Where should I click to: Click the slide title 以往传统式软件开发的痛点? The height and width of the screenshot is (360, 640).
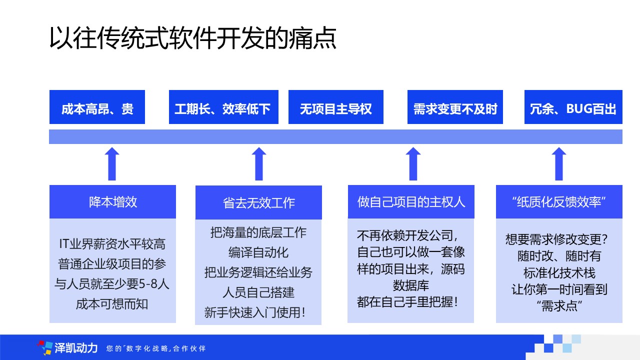(x=193, y=38)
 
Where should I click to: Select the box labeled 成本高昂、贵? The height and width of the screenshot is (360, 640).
(x=97, y=107)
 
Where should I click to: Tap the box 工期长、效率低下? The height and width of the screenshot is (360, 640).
(x=223, y=107)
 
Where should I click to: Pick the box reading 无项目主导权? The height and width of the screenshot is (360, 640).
(x=336, y=107)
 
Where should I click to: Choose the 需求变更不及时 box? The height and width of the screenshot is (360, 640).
(x=455, y=107)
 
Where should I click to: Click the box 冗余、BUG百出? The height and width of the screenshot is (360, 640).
(x=573, y=107)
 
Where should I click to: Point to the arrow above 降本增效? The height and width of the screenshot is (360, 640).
(x=112, y=164)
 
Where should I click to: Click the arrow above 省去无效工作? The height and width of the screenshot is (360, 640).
(x=259, y=164)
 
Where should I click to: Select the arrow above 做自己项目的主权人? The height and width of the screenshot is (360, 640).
(x=413, y=164)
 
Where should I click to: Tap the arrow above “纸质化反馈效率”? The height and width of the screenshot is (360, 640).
(x=559, y=164)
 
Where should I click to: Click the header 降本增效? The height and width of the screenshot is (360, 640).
(x=112, y=201)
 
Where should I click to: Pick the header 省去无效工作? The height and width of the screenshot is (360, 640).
(x=258, y=202)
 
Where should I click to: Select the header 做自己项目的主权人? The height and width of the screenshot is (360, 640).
(x=411, y=201)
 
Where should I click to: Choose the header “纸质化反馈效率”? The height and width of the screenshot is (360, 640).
(x=559, y=201)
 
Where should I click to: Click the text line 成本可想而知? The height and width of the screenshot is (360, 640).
(x=112, y=304)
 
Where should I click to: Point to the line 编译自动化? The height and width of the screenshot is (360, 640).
(x=258, y=252)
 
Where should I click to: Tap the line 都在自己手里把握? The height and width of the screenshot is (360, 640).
(x=407, y=302)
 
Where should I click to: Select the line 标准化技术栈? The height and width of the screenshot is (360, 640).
(x=559, y=273)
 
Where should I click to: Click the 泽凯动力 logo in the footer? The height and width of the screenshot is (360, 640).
(x=67, y=348)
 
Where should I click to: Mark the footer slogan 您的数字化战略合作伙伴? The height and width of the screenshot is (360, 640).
(x=156, y=348)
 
